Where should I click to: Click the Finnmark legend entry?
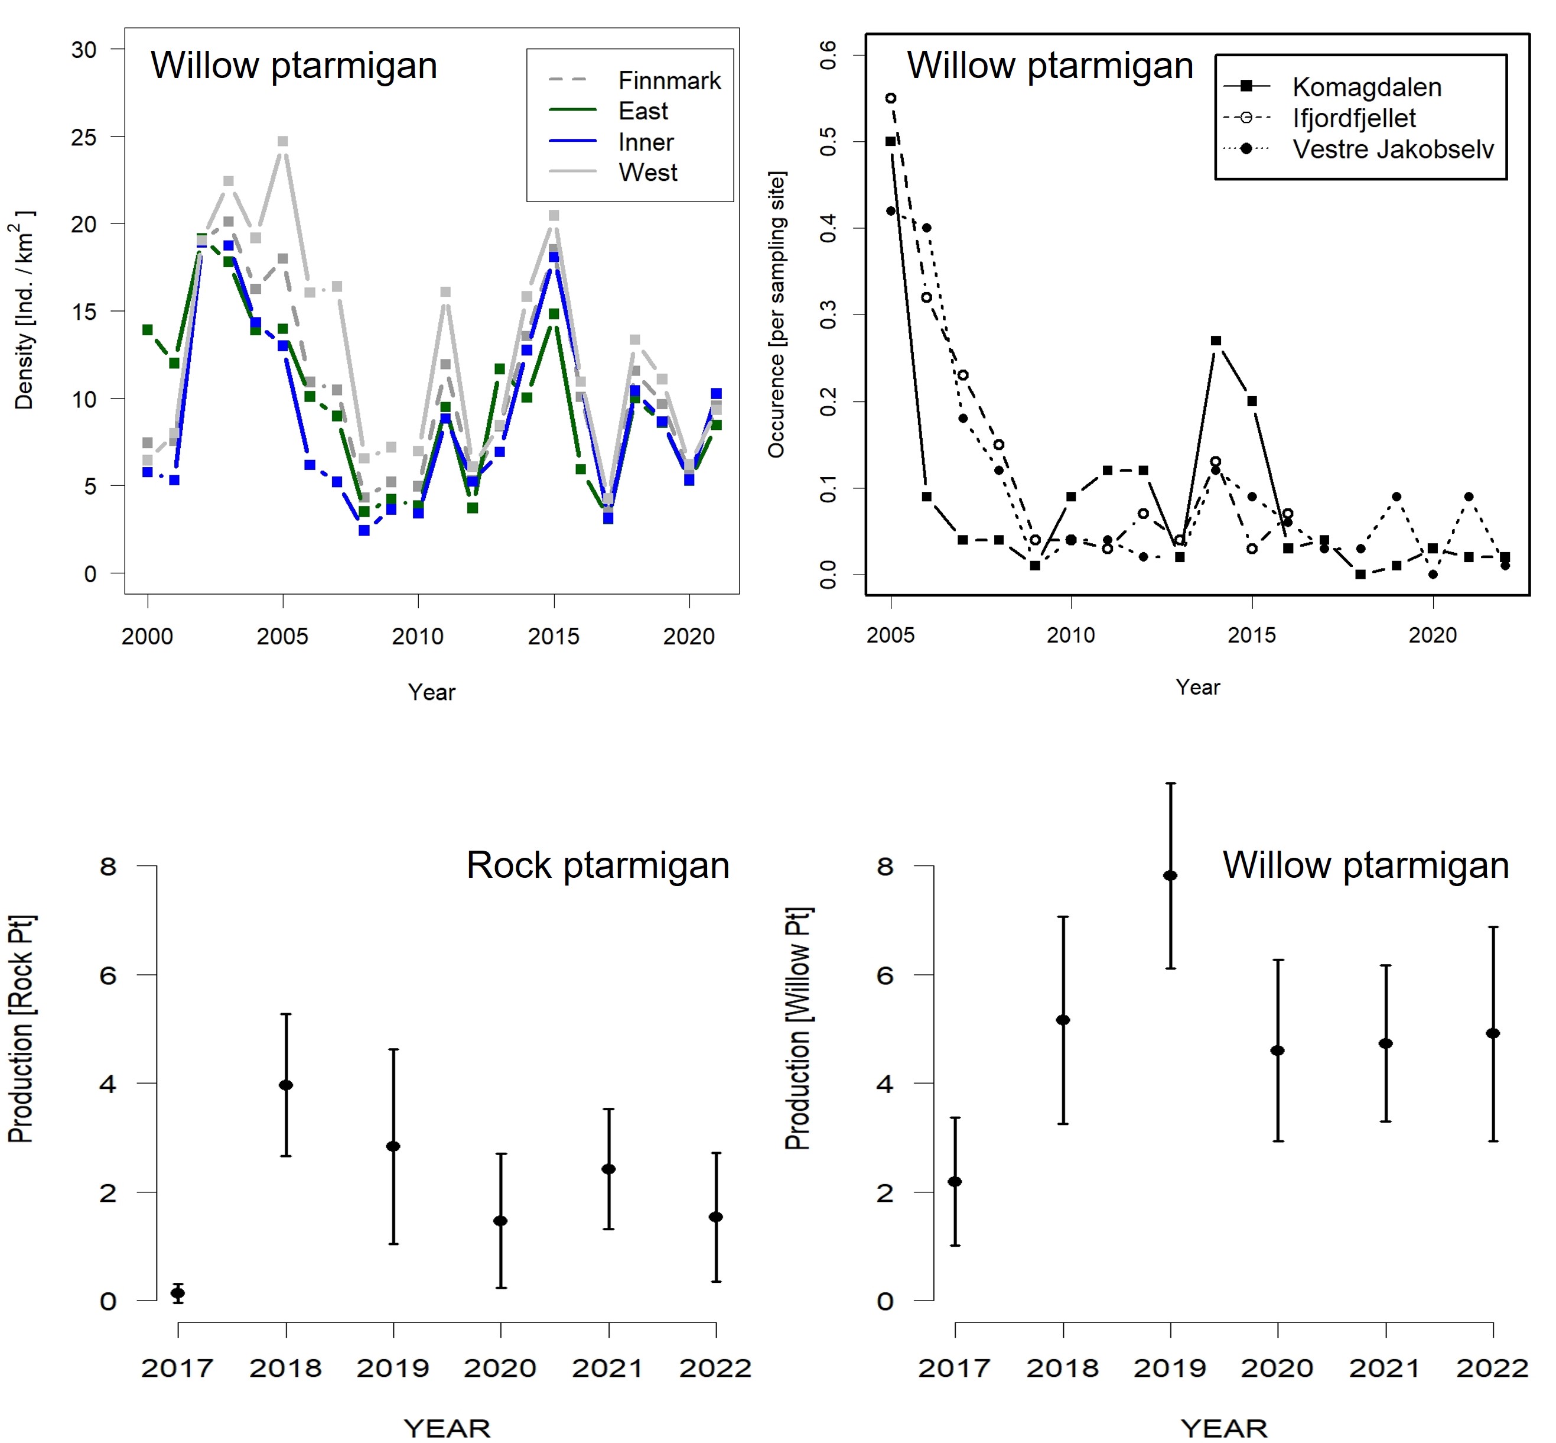coord(669,80)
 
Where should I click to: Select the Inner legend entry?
coord(645,142)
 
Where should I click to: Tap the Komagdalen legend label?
coord(1366,87)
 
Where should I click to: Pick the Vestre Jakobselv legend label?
coord(1393,148)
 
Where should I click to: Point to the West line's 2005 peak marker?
coord(282,141)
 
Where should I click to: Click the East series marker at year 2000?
coord(148,329)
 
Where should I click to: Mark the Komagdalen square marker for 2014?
coord(1216,341)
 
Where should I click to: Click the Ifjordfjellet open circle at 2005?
coord(890,98)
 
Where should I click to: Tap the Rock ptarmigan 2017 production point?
coord(178,1293)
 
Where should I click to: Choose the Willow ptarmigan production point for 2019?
coord(1170,875)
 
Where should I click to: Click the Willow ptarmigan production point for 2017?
coord(955,1182)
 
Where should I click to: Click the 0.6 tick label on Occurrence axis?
coord(828,54)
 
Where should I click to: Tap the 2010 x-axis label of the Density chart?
coord(418,637)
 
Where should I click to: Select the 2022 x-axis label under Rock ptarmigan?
coord(715,1368)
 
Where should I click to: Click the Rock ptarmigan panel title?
coord(598,865)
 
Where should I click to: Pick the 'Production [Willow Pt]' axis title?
coord(797,1029)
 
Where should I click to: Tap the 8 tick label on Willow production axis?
coord(884,866)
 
